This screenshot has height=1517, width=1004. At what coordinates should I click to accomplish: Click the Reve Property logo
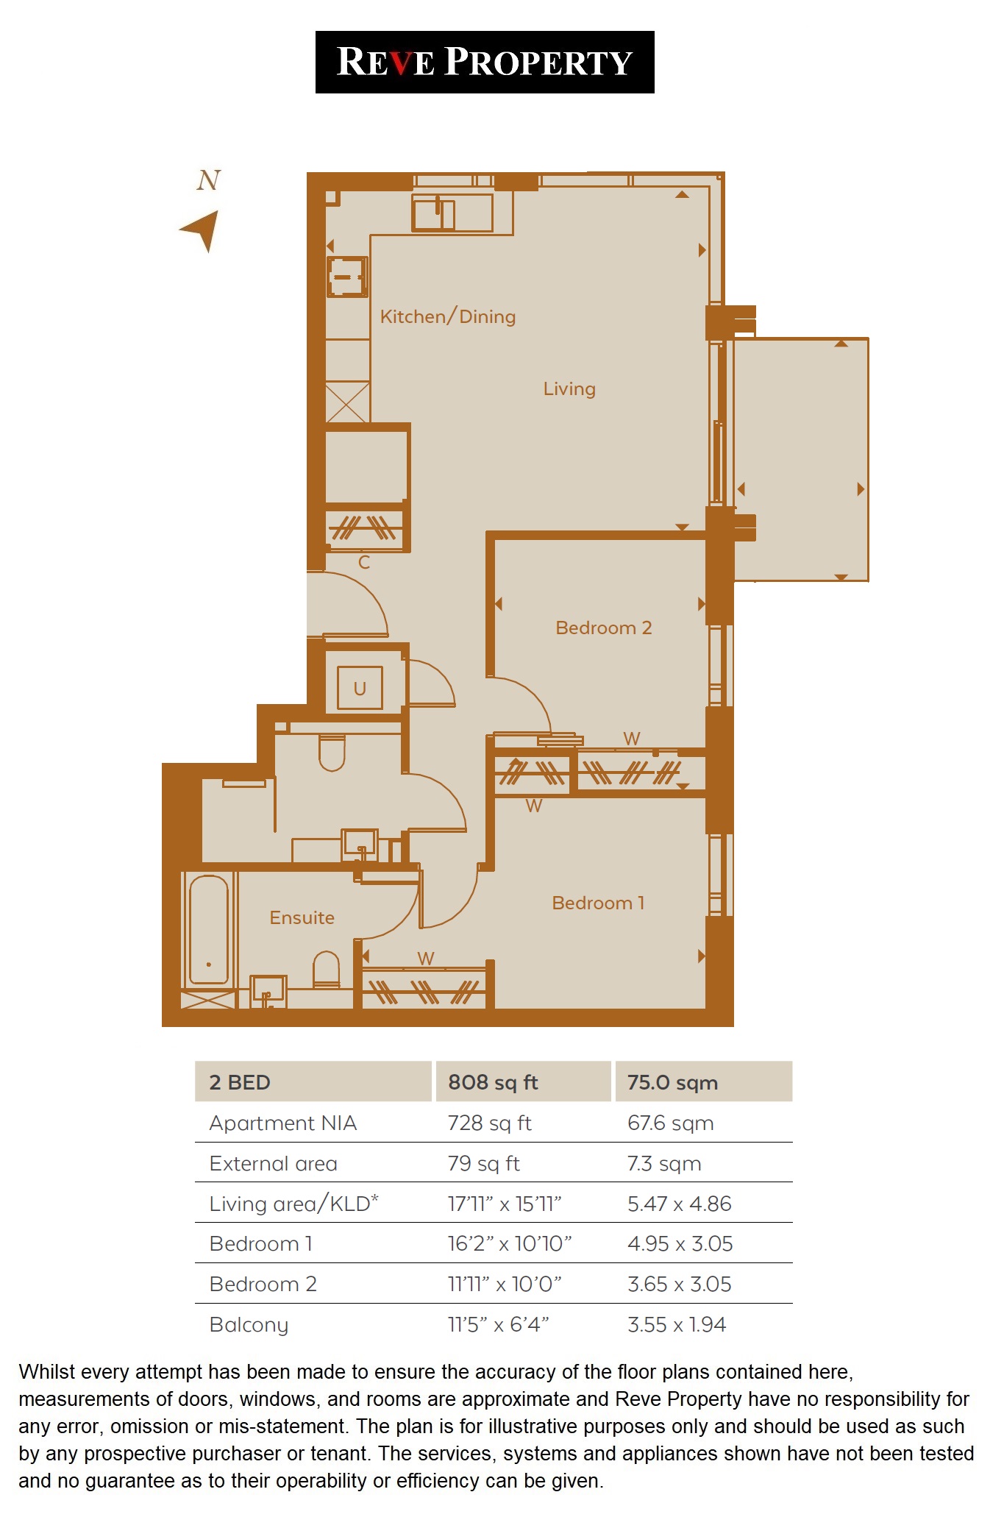(x=484, y=62)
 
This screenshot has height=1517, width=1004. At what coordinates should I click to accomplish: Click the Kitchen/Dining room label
(x=447, y=316)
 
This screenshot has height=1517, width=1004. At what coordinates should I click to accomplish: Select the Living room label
(x=569, y=388)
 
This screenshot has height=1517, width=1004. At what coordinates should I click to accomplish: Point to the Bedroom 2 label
(x=603, y=628)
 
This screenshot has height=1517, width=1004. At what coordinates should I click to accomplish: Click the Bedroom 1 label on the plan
(x=597, y=903)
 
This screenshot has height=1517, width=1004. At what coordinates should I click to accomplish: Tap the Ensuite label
(x=302, y=917)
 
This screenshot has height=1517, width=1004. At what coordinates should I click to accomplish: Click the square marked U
(x=360, y=689)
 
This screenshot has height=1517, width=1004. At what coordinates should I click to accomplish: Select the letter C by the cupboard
(x=363, y=563)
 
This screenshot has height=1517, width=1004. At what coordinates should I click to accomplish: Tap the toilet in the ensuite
(x=326, y=969)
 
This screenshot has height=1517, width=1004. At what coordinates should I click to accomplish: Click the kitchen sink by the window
(x=434, y=214)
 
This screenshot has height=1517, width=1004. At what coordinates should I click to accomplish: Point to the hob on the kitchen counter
(x=347, y=277)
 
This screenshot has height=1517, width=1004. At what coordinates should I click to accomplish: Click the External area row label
(x=273, y=1163)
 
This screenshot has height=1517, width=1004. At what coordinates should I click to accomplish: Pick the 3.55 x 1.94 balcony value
(x=676, y=1324)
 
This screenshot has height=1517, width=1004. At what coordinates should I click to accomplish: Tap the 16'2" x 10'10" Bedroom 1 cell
(x=509, y=1243)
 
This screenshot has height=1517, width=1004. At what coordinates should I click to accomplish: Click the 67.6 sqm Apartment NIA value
(x=670, y=1123)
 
